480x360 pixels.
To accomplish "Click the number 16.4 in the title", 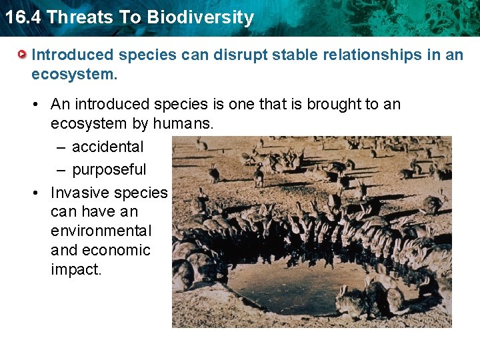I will (x=22, y=17).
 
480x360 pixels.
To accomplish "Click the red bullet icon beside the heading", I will (x=23, y=54).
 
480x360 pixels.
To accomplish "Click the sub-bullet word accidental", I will (x=107, y=147).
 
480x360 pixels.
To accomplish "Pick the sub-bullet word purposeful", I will (x=109, y=169).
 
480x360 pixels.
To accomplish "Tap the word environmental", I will (x=101, y=231).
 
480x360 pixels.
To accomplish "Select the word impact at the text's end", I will (x=75, y=269).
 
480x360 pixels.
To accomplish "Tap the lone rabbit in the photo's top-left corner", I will (x=201, y=143).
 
